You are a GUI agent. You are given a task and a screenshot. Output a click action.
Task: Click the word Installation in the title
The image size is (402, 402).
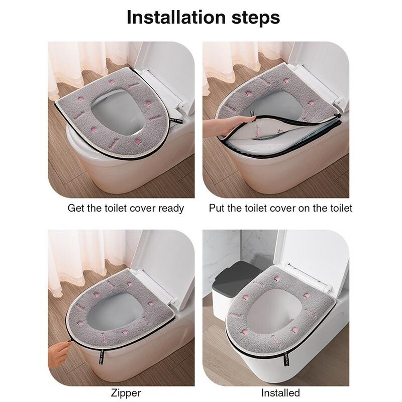(176, 17)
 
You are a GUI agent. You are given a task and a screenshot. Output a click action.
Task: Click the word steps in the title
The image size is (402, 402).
(256, 19)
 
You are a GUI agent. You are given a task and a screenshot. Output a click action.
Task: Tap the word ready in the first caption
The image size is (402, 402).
(171, 209)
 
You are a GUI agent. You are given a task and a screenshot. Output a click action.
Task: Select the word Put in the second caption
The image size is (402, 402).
(217, 208)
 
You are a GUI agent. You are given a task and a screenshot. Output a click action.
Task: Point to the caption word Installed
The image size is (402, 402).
(280, 393)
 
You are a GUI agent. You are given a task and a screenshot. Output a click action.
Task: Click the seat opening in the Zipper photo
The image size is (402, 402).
(115, 311)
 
